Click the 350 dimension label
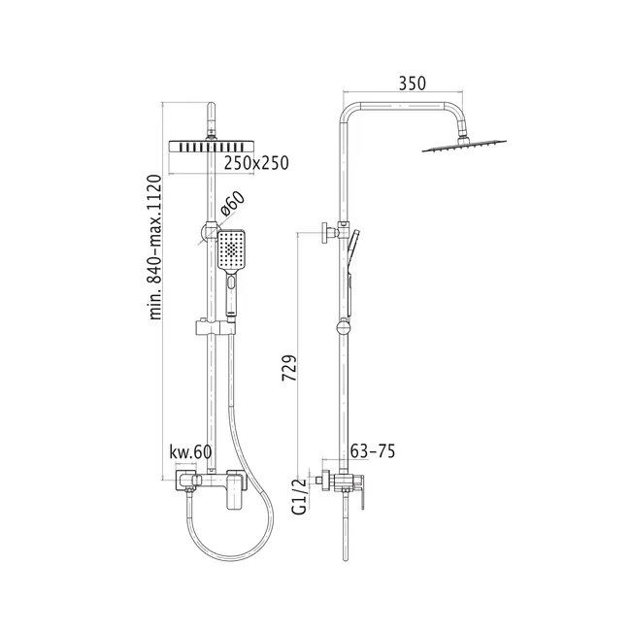click(412, 83)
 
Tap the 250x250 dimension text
click(256, 163)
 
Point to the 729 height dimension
click(289, 368)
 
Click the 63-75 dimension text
click(373, 451)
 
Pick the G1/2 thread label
click(299, 496)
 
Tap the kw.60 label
click(190, 452)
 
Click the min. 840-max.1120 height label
click(155, 248)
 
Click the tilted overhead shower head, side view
click(464, 146)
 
